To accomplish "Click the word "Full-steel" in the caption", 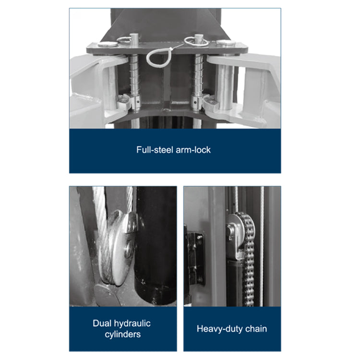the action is pyautogui.click(x=155, y=150).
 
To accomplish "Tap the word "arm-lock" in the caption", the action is pyautogui.click(x=193, y=150).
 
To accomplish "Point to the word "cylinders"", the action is pyautogui.click(x=122, y=335).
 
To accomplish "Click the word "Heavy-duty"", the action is pyautogui.click(x=220, y=329).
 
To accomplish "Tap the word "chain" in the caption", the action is pyautogui.click(x=256, y=329).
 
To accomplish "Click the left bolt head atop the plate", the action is pyautogui.click(x=108, y=44).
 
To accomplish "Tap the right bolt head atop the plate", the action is pyautogui.click(x=226, y=43).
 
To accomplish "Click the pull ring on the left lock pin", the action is pyautogui.click(x=124, y=39).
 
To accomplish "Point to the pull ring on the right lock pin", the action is pyautogui.click(x=196, y=41).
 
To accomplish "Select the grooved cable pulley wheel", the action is pyautogui.click(x=118, y=248).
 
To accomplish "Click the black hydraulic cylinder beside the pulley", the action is pyautogui.click(x=156, y=246).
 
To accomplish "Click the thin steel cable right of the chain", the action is pyautogui.click(x=262, y=246).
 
